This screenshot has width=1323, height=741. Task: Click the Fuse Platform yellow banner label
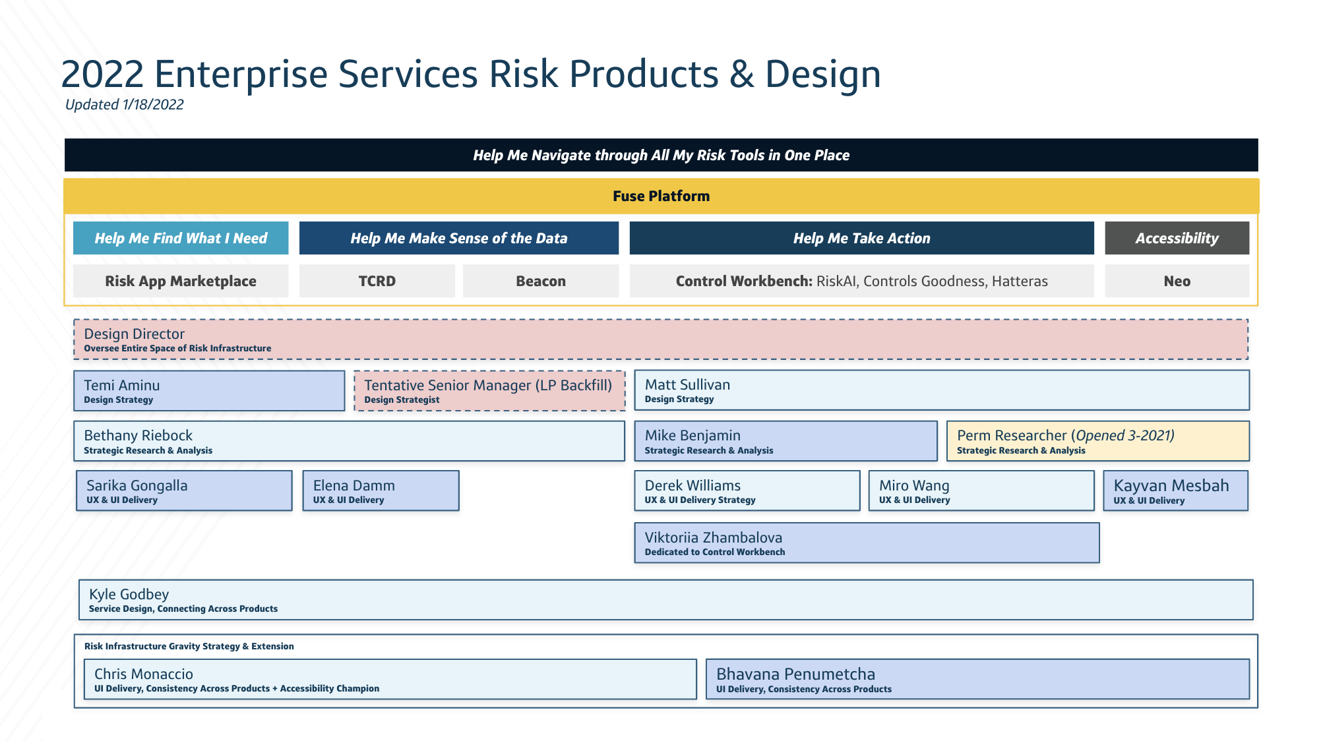pos(661,196)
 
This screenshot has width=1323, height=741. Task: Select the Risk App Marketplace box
pos(181,281)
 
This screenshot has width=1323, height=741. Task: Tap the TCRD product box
pos(377,281)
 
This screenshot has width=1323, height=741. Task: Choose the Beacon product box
pos(540,281)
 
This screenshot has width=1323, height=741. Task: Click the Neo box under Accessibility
pos(1177,281)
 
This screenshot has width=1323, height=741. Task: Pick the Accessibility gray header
pos(1177,238)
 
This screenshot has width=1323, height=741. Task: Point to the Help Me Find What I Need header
pos(181,238)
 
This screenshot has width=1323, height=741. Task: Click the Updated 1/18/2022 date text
pos(124,104)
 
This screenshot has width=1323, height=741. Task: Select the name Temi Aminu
pos(121,385)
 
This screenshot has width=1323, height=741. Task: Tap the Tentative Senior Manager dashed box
pos(489,391)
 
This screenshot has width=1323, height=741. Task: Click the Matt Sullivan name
pos(687,384)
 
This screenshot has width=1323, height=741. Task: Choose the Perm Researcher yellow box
pos(1097,441)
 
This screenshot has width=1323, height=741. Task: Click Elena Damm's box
pos(381,490)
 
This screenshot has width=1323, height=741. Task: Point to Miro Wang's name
pos(914,485)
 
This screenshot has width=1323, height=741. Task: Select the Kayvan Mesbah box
pos(1175,490)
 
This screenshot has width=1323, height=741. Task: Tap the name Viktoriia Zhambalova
pos(713,537)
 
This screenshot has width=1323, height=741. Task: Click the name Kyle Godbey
pos(129,594)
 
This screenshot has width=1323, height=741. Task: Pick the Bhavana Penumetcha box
pos(977,679)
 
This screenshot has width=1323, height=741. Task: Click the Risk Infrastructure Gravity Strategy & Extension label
pos(189,646)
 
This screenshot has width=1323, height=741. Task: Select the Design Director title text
pos(134,334)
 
